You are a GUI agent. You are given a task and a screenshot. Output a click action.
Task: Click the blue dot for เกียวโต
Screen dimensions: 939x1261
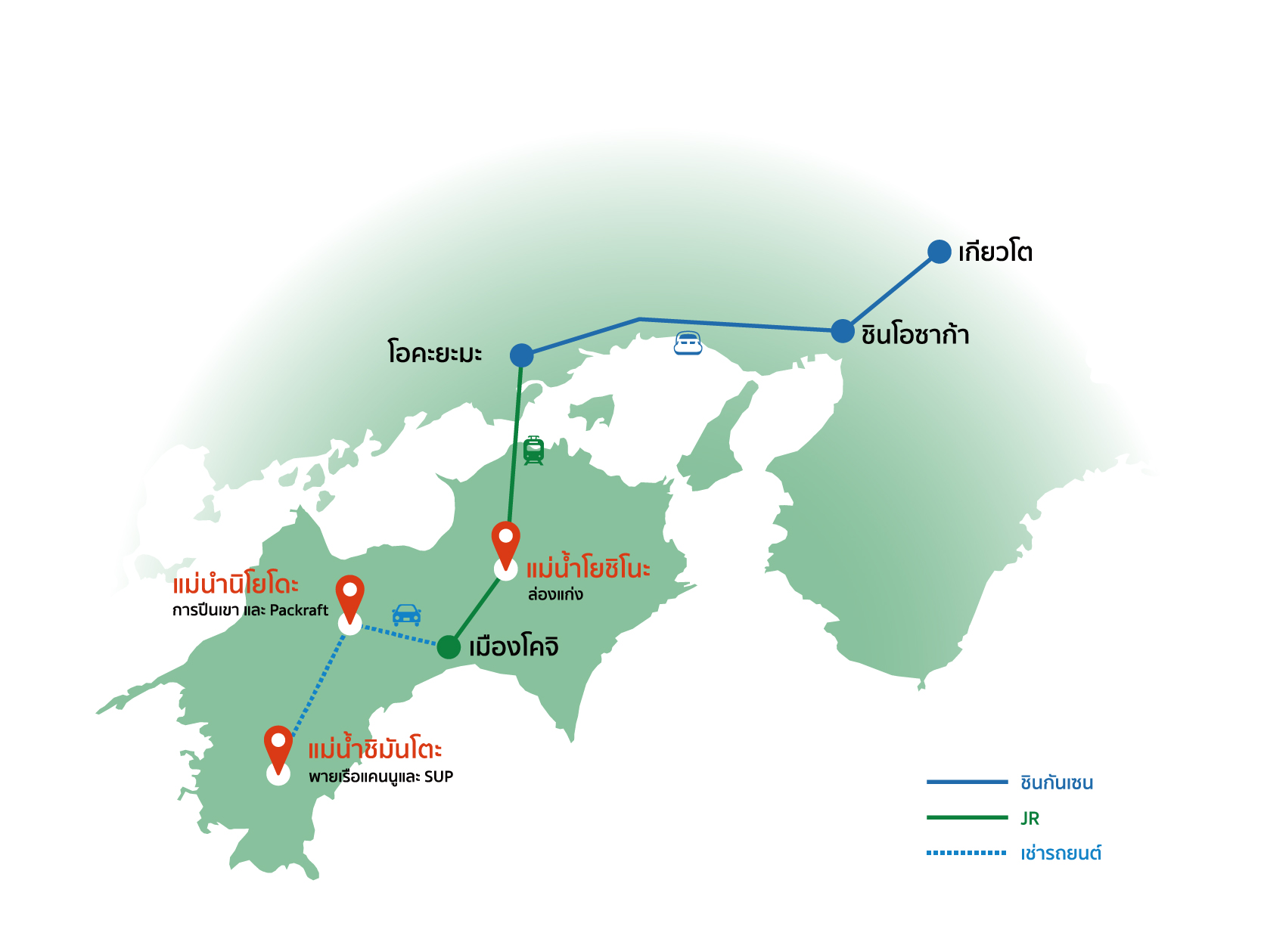[x=939, y=252]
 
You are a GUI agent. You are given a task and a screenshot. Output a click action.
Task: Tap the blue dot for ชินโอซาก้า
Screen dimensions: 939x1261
[x=842, y=331]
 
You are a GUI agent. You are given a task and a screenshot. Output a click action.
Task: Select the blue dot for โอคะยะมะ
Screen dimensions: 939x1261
[x=521, y=355]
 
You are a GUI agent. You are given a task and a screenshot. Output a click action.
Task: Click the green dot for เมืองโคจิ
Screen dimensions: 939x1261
[x=449, y=646]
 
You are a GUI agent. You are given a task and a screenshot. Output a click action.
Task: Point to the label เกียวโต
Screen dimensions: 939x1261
[x=995, y=252]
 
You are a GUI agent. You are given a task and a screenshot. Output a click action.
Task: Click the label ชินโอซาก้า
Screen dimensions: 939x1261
[x=915, y=334]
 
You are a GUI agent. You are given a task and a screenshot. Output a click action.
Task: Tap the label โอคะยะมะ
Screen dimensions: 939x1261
[x=434, y=353]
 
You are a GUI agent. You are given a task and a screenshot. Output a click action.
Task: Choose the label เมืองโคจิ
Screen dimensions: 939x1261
[x=514, y=647]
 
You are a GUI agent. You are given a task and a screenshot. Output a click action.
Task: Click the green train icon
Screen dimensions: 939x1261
[x=534, y=451]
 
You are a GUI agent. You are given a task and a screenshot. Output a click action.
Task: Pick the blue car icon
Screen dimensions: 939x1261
[x=406, y=615]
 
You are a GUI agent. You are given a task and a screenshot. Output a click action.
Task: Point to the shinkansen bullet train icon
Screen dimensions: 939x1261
[x=688, y=343]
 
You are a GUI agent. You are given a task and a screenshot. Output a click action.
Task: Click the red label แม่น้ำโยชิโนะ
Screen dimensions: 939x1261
[x=588, y=568]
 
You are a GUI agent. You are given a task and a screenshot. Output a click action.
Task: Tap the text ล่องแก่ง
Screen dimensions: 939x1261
[x=555, y=594]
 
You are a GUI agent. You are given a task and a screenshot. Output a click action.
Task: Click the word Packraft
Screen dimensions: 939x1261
[x=299, y=610]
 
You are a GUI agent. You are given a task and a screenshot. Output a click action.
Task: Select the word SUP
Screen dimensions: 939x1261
[x=439, y=776]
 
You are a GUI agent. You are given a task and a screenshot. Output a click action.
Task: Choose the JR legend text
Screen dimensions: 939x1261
[x=1030, y=818]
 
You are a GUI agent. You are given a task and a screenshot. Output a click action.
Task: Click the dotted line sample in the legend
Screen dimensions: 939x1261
[x=966, y=853]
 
